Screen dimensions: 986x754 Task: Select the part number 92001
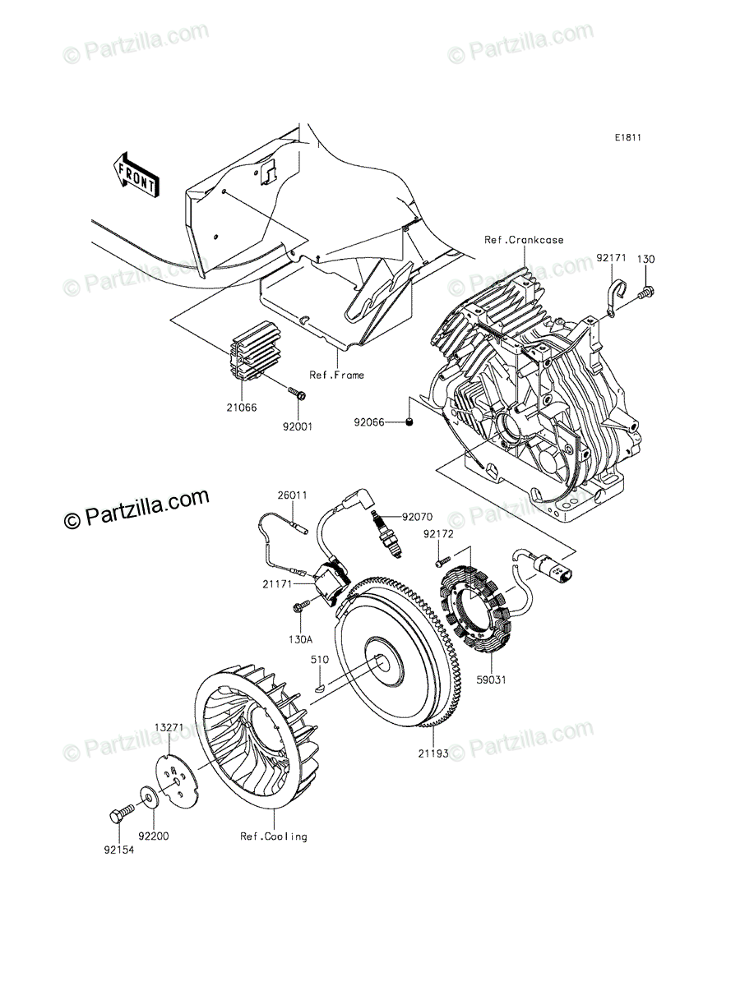(x=298, y=426)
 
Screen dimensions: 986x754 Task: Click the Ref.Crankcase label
(x=523, y=240)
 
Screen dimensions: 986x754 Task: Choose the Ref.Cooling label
(x=273, y=836)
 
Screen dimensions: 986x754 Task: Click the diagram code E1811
(x=627, y=138)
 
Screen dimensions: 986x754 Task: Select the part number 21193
(x=433, y=751)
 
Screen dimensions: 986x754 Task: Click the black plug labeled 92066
(x=408, y=422)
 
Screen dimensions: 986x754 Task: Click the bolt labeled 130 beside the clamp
(x=647, y=290)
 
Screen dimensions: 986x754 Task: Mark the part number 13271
(x=169, y=728)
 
